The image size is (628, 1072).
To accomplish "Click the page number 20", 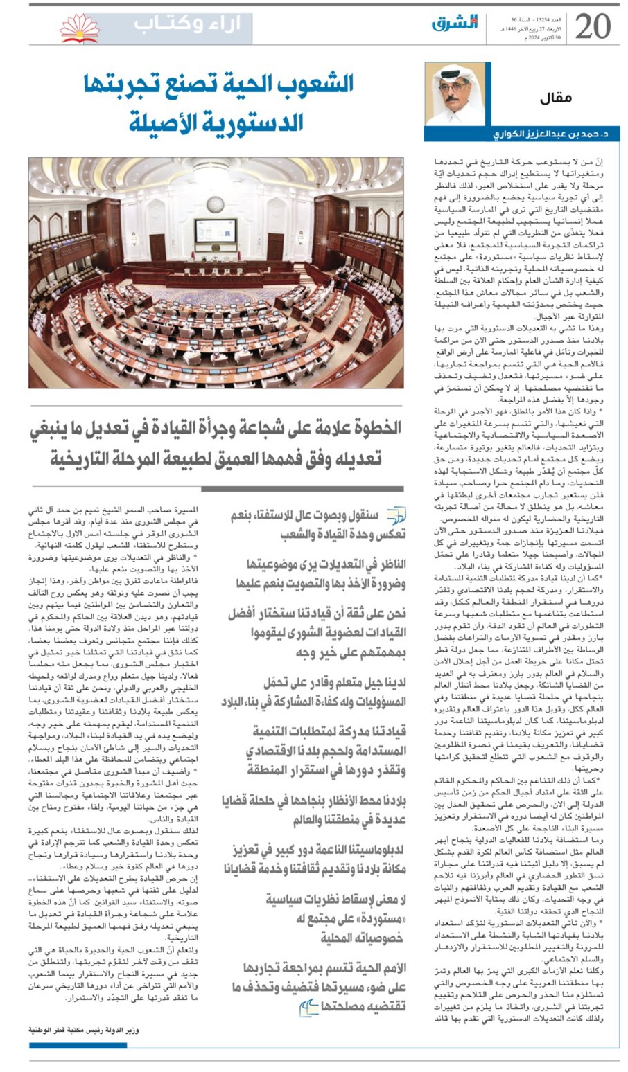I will [x=593, y=26].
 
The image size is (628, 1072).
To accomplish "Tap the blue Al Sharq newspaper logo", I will [x=455, y=22].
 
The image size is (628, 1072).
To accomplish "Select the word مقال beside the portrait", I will [x=556, y=98].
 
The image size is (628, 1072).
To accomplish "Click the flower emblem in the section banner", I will [x=79, y=28].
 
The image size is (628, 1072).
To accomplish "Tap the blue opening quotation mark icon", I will [x=395, y=515].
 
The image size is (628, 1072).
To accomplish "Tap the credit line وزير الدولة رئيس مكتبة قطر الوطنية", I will [x=84, y=1029].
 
